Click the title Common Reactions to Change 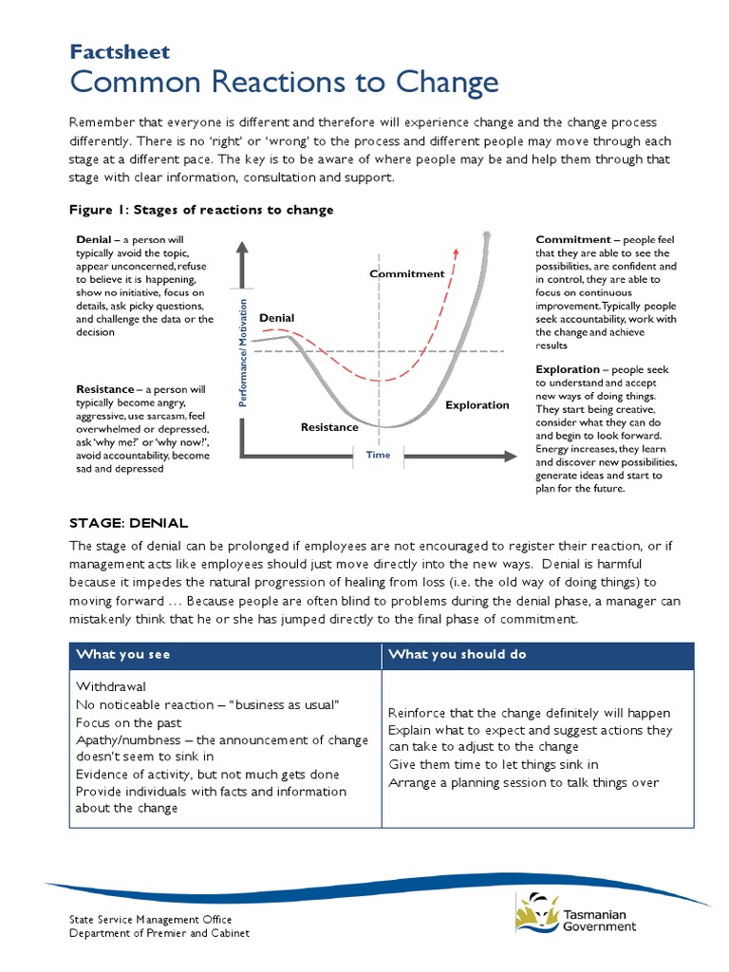point(284,84)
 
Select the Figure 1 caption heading point(201,210)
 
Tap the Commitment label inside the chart point(406,273)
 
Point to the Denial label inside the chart point(276,318)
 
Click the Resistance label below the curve point(329,427)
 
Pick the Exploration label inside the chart point(477,405)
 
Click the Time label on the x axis point(378,455)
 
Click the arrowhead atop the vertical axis point(242,251)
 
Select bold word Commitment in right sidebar point(571,239)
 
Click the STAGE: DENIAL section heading point(129,523)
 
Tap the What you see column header point(123,655)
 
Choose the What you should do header point(458,655)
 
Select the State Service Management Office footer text point(150,920)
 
